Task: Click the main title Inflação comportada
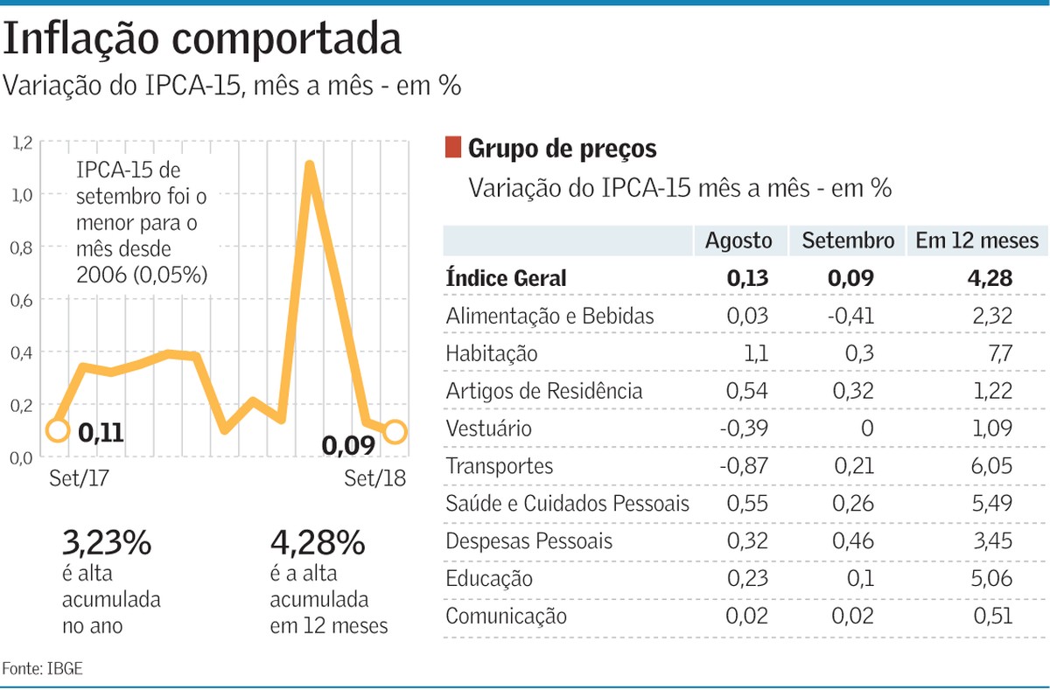point(203,39)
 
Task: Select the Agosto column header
point(738,240)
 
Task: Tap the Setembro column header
point(848,240)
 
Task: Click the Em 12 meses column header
point(976,240)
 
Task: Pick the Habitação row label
point(491,354)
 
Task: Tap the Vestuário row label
point(488,429)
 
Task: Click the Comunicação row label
point(506,617)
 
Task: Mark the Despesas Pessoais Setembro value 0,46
point(852,541)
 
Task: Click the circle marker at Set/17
point(57,430)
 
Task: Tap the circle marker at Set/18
point(395,431)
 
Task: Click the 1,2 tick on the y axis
point(23,142)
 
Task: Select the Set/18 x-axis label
point(374,479)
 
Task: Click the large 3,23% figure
point(107,544)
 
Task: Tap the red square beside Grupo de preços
point(452,148)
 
